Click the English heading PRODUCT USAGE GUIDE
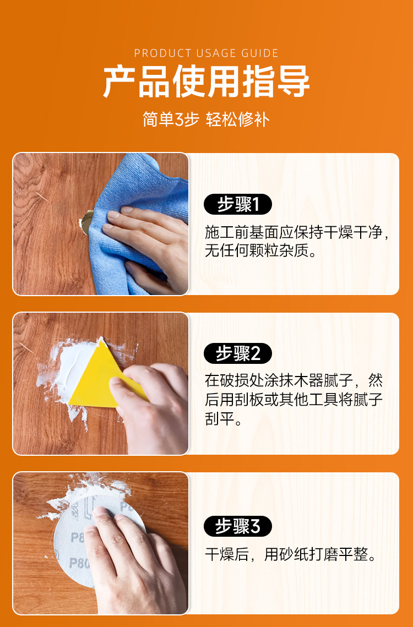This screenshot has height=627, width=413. pos(206,53)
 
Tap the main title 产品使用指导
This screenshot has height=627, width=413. pos(206,82)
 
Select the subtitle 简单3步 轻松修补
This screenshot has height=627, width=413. pos(206,119)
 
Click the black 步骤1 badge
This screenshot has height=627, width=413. pos(238,205)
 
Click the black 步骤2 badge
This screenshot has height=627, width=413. pos(238,353)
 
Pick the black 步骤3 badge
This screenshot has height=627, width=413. pos(238,526)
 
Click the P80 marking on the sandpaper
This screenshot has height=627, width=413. pos(79,563)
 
